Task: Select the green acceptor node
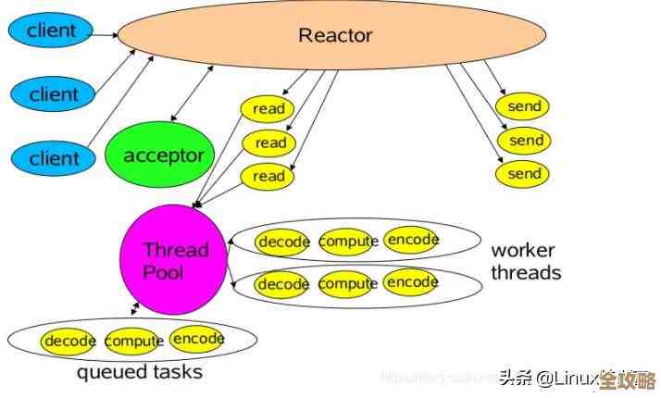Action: (x=163, y=155)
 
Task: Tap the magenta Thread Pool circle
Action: (x=175, y=262)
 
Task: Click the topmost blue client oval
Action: (x=51, y=31)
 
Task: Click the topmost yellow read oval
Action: (x=268, y=109)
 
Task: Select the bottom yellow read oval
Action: (x=268, y=176)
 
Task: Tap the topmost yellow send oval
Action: (x=525, y=106)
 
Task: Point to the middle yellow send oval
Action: (x=525, y=141)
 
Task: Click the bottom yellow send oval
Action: (x=524, y=173)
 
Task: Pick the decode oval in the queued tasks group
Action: (x=69, y=341)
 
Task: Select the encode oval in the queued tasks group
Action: (x=198, y=339)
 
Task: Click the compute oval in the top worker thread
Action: (x=348, y=242)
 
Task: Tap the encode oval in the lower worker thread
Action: (x=412, y=280)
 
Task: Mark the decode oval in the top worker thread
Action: (x=283, y=242)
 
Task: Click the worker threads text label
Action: (x=525, y=261)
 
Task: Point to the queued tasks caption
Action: (x=139, y=373)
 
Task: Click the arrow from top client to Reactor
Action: (x=104, y=35)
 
